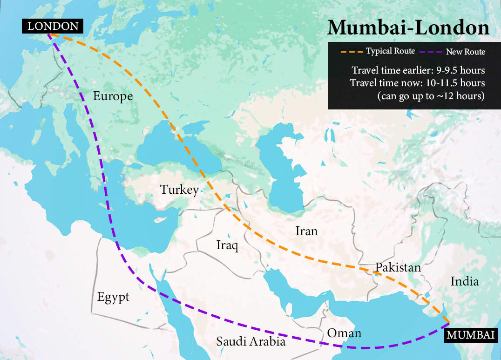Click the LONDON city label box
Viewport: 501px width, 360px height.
tap(53, 26)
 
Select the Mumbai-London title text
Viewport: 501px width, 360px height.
tap(408, 28)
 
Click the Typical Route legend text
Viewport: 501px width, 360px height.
tap(390, 51)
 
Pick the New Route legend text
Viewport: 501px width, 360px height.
tap(466, 52)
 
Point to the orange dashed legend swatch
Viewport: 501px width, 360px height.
tap(352, 51)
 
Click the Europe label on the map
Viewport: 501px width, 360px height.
tap(113, 96)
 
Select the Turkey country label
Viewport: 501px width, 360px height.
tap(179, 190)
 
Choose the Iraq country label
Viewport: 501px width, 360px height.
tap(227, 245)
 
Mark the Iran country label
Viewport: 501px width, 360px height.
tap(306, 231)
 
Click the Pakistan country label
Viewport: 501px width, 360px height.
tap(398, 267)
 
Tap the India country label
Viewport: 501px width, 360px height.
tap(464, 281)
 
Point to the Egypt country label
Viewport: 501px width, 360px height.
tap(113, 297)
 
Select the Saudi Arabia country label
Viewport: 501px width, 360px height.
tap(250, 341)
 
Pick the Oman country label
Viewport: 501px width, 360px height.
tap(344, 333)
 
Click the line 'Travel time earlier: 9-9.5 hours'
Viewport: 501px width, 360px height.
tap(418, 70)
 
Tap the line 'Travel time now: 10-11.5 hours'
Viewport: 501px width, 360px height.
tap(417, 83)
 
